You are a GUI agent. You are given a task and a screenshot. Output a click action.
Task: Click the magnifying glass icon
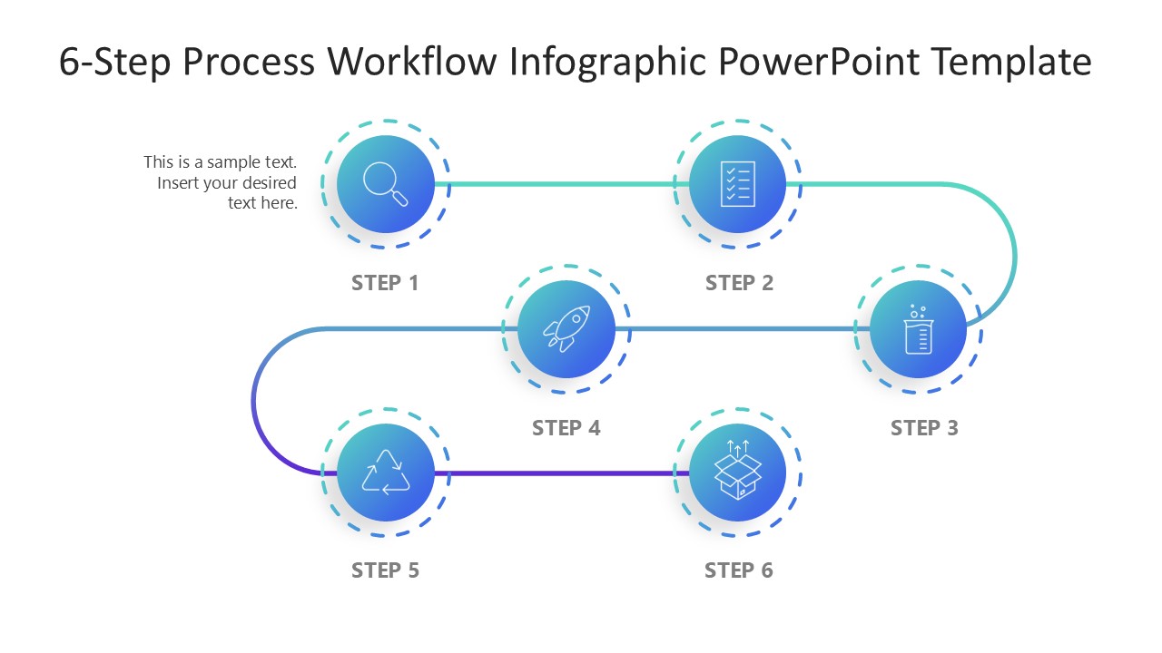click(386, 184)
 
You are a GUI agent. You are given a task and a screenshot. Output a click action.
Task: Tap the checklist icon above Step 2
click(737, 184)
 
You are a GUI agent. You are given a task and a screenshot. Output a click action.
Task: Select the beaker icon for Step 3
click(918, 331)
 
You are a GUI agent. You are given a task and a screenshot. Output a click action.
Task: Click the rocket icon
click(566, 328)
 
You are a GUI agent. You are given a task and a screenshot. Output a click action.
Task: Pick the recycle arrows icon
click(386, 473)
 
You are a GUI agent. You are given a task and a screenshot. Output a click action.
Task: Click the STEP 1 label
click(385, 283)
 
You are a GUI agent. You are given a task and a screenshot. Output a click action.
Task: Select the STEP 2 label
click(739, 283)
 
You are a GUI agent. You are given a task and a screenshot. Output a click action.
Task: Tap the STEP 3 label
click(924, 428)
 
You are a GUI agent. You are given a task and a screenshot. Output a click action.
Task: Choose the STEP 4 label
click(566, 428)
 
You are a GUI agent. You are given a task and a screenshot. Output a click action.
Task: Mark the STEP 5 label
click(385, 570)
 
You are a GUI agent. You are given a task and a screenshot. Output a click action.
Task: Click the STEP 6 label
click(739, 570)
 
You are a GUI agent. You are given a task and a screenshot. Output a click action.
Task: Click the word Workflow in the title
click(412, 62)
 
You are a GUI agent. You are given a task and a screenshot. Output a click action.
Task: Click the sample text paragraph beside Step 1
click(221, 182)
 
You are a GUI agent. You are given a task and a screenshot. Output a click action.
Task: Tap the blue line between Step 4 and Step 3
click(740, 328)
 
